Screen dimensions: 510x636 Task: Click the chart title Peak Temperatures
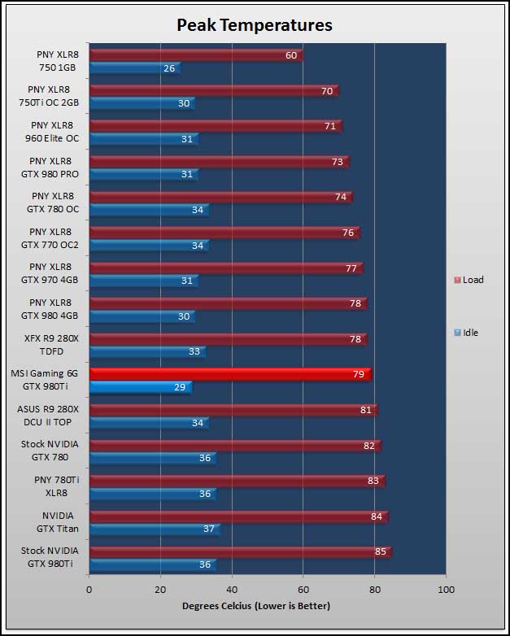tap(255, 25)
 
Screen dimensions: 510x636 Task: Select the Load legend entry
tap(469, 280)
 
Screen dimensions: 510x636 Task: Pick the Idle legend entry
tap(466, 333)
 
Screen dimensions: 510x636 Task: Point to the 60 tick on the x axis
tap(303, 590)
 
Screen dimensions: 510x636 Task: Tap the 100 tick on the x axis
tap(446, 590)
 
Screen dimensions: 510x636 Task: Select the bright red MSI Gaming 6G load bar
tap(230, 374)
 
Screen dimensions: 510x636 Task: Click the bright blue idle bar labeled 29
tap(141, 387)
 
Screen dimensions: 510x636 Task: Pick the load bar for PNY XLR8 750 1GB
tap(196, 55)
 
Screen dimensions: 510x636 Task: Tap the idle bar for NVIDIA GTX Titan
tap(155, 529)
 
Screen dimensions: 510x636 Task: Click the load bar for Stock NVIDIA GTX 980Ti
tap(241, 551)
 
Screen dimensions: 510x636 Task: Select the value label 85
tap(381, 551)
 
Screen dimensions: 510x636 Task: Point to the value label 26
tap(169, 68)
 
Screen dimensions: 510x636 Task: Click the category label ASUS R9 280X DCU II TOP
tap(48, 416)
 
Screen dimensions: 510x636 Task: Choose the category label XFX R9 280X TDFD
tap(51, 345)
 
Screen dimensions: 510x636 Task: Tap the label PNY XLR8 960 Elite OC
tap(52, 132)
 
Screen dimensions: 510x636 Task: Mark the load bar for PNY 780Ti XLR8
tap(238, 481)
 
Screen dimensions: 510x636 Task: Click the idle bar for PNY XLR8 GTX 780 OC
tap(150, 210)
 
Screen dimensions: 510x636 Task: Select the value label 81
tap(366, 410)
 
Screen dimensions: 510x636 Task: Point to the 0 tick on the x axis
tap(89, 590)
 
